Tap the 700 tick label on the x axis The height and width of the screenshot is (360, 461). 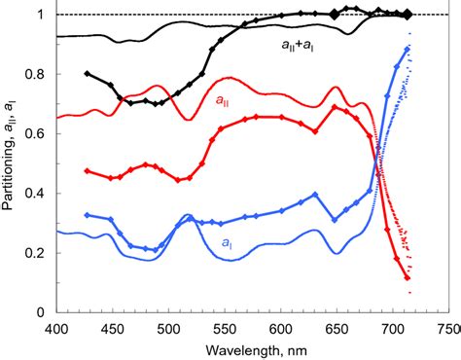pyautogui.click(x=393, y=329)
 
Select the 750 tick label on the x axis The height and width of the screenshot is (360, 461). pyautogui.click(x=448, y=329)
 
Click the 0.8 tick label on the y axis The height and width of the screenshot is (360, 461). pyautogui.click(x=38, y=74)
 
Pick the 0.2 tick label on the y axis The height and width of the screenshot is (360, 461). pyautogui.click(x=38, y=253)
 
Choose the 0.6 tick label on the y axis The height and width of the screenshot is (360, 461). pyautogui.click(x=38, y=133)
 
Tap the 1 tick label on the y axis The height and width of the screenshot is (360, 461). pyautogui.click(x=43, y=15)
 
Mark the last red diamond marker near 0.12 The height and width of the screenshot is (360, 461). pyautogui.click(x=408, y=278)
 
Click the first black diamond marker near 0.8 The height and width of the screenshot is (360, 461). pyautogui.click(x=88, y=74)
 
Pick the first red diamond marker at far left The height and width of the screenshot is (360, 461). pyautogui.click(x=88, y=171)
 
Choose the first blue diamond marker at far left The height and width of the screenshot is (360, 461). pyautogui.click(x=88, y=215)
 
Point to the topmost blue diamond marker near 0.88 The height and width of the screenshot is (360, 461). pyautogui.click(x=408, y=49)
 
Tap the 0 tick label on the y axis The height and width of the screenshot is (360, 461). pyautogui.click(x=43, y=312)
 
